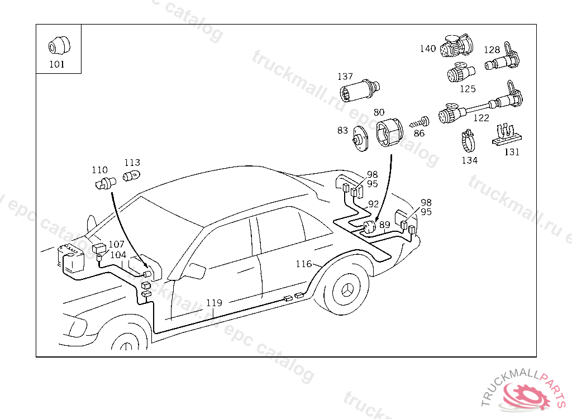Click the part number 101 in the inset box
pyautogui.click(x=57, y=64)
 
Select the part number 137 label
pyautogui.click(x=345, y=77)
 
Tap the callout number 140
pyautogui.click(x=428, y=49)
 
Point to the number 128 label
pyautogui.click(x=492, y=50)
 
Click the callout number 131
pyautogui.click(x=512, y=151)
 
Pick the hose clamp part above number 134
pyautogui.click(x=468, y=140)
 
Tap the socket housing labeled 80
pyautogui.click(x=389, y=134)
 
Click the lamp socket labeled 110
pyautogui.click(x=103, y=183)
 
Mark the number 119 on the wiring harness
pyautogui.click(x=214, y=303)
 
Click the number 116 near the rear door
pyautogui.click(x=303, y=264)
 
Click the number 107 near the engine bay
pyautogui.click(x=117, y=244)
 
